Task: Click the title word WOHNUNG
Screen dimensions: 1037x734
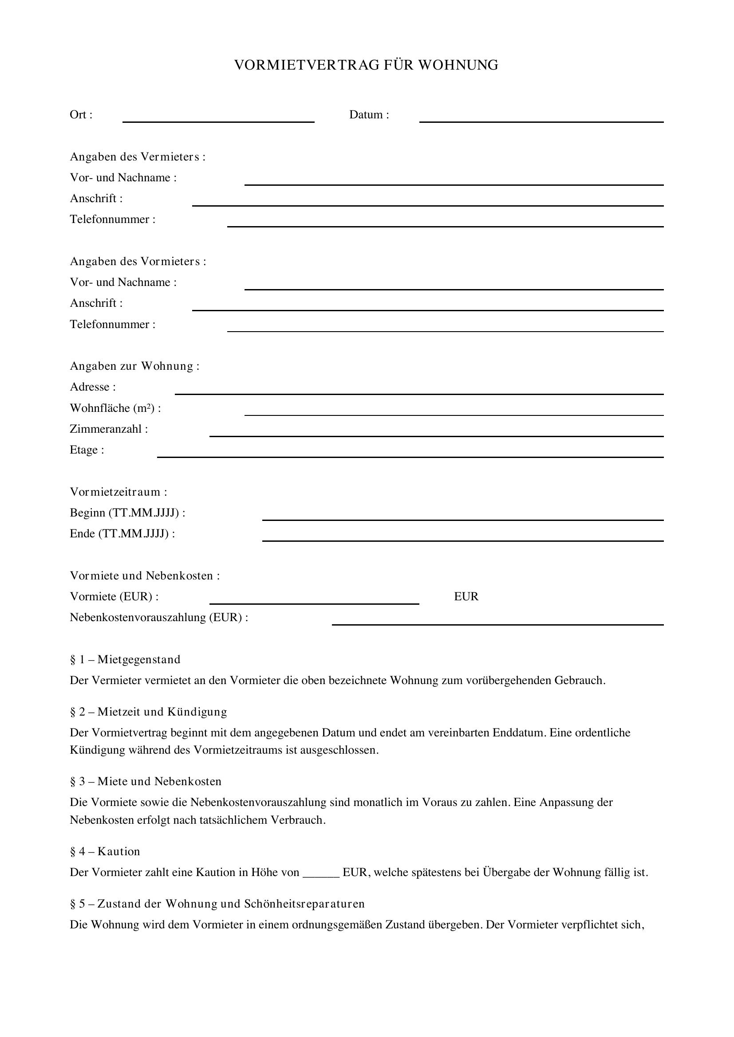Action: [x=458, y=65]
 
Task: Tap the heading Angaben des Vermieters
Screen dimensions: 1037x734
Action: [x=138, y=157]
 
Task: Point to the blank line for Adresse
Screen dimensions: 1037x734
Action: [x=419, y=393]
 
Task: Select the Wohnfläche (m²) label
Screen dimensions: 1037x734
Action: [x=115, y=408]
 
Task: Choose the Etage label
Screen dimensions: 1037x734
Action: [x=87, y=450]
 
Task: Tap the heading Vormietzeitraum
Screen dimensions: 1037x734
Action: [x=118, y=492]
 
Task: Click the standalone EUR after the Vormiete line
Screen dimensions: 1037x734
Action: [x=466, y=597]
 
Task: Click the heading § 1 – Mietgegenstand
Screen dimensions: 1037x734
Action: [x=125, y=659]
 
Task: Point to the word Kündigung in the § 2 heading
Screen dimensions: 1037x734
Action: [x=197, y=712]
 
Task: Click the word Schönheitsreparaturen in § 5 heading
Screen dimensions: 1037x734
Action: [x=304, y=904]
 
